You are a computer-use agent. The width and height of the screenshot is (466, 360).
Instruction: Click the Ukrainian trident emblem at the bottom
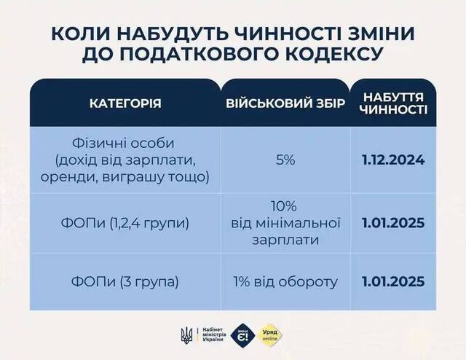[x=185, y=334]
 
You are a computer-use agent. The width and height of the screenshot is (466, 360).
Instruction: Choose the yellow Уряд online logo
[x=272, y=334]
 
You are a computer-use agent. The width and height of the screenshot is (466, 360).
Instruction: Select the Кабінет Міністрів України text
[x=212, y=334]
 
